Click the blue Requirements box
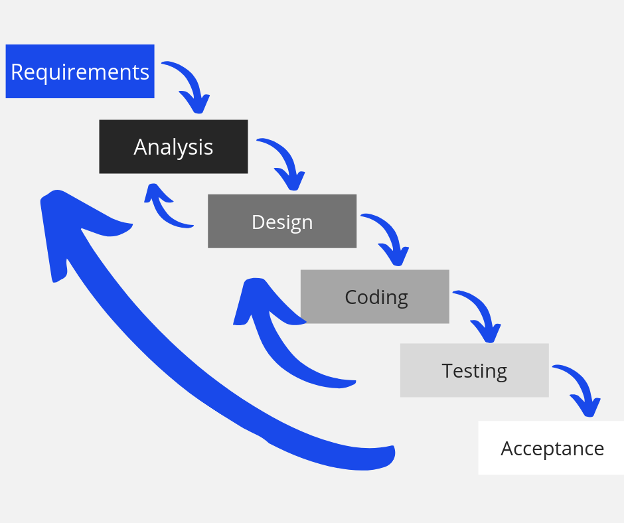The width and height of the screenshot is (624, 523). [x=80, y=71]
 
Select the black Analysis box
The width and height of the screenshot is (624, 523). [x=173, y=147]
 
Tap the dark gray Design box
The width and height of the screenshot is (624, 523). [x=282, y=221]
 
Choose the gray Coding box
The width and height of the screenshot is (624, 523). [x=375, y=297]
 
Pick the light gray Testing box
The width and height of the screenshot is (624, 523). [x=474, y=370]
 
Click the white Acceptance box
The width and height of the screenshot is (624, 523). [x=551, y=448]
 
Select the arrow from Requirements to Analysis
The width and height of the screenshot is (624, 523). [x=191, y=85]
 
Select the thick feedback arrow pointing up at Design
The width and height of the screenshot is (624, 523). [x=279, y=345]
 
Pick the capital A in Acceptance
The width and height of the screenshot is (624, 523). [x=508, y=449]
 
